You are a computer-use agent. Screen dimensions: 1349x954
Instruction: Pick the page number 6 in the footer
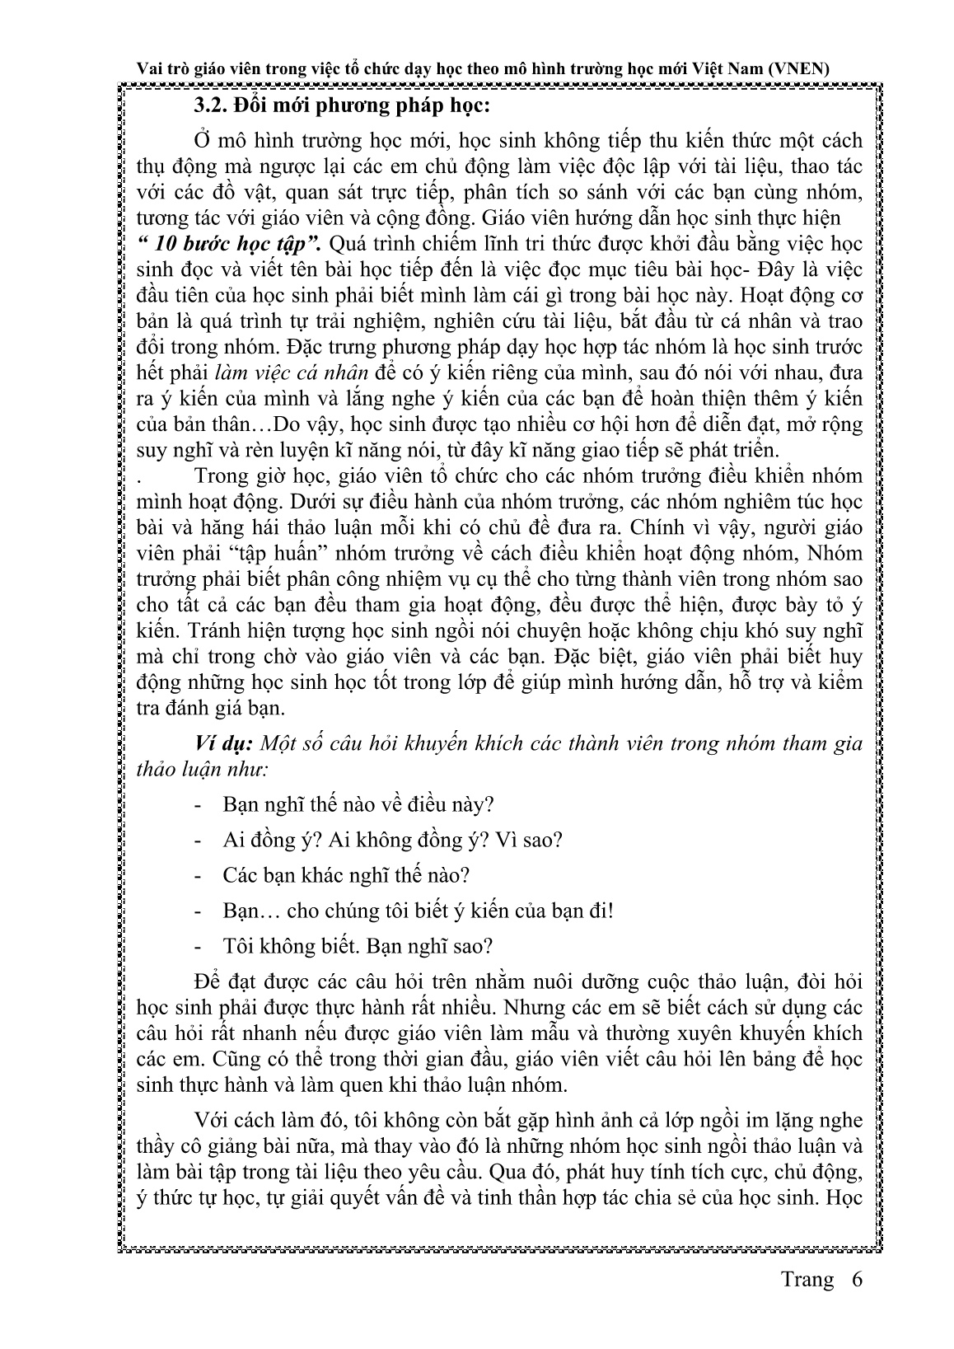[x=857, y=1303]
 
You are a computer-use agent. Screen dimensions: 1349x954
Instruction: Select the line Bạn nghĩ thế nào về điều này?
[x=358, y=803]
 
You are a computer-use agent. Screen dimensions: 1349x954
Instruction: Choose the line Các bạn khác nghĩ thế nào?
[x=346, y=875]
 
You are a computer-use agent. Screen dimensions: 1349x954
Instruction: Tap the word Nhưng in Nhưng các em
[x=541, y=1007]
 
